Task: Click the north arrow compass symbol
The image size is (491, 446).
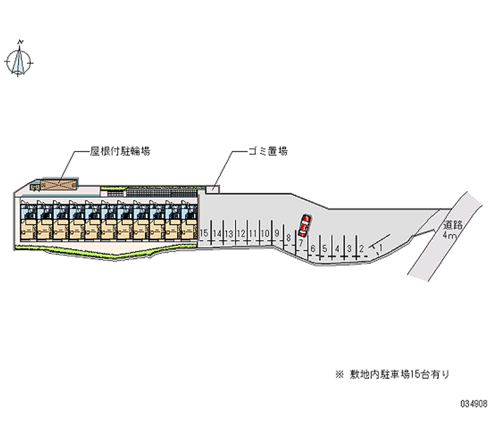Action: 20,60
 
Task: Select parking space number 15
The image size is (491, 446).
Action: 204,234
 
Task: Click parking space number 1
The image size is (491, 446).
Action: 381,247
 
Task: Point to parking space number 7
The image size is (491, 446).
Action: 301,244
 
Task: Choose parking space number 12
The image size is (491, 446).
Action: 241,234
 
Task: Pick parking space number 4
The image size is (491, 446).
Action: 337,248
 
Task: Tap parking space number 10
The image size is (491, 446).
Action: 265,234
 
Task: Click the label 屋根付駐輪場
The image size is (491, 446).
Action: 120,152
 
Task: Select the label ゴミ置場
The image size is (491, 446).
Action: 268,151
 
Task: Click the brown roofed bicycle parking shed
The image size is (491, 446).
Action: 60,183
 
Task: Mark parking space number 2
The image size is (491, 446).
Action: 361,248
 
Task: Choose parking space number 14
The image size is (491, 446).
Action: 217,234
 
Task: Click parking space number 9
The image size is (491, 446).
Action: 277,234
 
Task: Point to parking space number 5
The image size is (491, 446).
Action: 325,248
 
